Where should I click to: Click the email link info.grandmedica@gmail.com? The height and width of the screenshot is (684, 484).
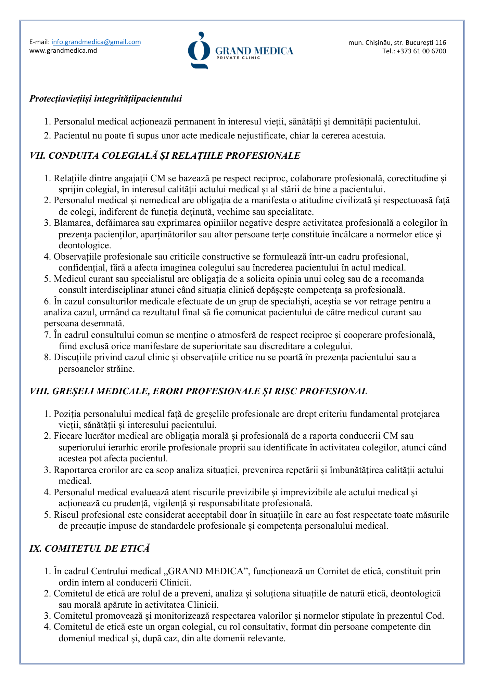click(96, 42)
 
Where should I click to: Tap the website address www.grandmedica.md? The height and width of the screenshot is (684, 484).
click(63, 51)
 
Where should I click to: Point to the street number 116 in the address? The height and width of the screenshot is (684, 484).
click(441, 43)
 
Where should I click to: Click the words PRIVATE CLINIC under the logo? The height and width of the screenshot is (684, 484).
click(238, 58)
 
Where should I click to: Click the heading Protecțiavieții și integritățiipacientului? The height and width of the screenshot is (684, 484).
click(105, 99)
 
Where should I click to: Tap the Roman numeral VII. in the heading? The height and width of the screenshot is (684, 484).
click(38, 156)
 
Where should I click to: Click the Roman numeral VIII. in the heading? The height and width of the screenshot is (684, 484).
click(40, 391)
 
